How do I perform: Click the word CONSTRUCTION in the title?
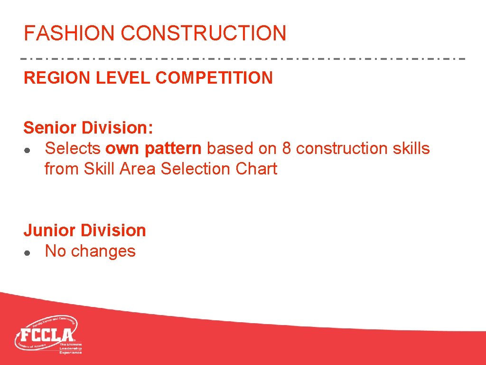[x=204, y=33]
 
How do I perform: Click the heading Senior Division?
[x=88, y=128]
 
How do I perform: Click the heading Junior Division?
[x=85, y=231]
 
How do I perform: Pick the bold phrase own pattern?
[x=153, y=149]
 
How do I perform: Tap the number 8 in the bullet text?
[x=287, y=149]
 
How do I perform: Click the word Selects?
[x=73, y=149]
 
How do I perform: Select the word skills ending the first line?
[x=411, y=149]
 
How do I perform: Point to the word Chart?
[x=259, y=169]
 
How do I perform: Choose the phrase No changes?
[x=90, y=251]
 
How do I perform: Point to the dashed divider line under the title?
[x=243, y=59]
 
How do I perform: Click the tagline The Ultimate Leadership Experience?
[x=71, y=348]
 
